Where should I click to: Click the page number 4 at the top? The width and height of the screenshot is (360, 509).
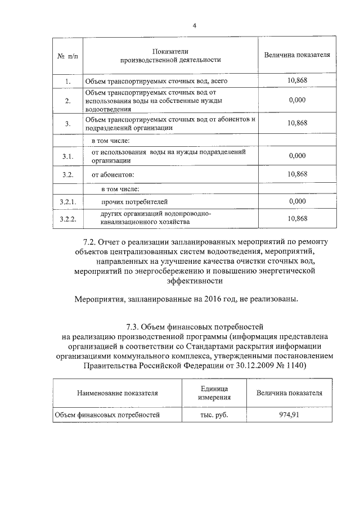[194, 25]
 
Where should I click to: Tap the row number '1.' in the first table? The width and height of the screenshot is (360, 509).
[67, 82]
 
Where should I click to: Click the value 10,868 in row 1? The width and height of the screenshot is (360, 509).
[296, 81]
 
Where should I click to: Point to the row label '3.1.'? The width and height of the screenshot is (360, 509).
[67, 156]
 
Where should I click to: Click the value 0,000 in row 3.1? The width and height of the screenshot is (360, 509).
[296, 156]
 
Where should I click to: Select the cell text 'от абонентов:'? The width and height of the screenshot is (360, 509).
[113, 175]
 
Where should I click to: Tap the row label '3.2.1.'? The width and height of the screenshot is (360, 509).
[67, 201]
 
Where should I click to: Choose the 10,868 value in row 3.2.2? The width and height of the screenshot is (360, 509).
[296, 218]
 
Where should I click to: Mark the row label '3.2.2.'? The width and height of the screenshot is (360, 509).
[67, 219]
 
